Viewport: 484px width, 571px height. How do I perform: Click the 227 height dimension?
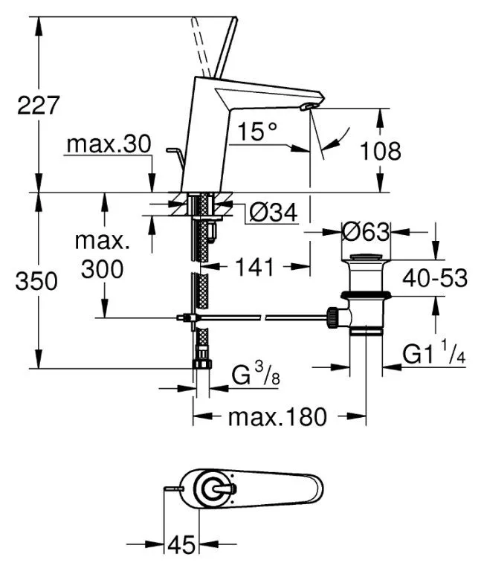click(38, 106)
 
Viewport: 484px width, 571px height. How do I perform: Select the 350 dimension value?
click(36, 281)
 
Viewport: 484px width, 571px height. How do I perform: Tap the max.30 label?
click(109, 143)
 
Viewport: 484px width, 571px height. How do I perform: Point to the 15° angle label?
click(257, 131)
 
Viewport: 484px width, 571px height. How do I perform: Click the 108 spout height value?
click(380, 151)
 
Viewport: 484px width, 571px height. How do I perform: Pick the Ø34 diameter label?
click(274, 212)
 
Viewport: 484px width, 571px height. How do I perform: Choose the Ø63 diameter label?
click(366, 232)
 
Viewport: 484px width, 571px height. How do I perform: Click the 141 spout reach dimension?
click(254, 267)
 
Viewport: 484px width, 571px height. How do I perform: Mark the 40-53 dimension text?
click(435, 279)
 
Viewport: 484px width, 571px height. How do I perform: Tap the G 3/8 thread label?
click(256, 374)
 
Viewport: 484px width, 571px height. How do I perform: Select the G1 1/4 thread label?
click(433, 352)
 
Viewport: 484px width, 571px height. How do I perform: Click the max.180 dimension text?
click(277, 417)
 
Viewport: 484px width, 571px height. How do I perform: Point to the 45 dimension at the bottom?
click(181, 545)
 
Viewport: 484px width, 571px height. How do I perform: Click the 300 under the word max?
click(102, 269)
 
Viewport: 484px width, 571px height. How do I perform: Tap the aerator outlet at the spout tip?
click(307, 106)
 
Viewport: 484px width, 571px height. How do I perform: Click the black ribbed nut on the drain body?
click(332, 317)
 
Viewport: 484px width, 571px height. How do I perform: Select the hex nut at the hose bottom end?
click(202, 364)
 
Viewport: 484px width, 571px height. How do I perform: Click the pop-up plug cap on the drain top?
click(365, 258)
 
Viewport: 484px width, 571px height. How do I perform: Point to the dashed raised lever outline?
click(200, 47)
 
